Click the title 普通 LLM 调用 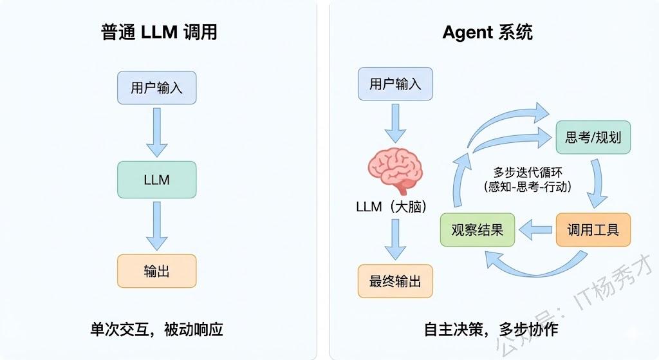tap(159, 33)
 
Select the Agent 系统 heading tap(487, 33)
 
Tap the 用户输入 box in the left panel tap(156, 88)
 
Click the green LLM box tap(156, 180)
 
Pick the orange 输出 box tap(156, 271)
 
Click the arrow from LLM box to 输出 tap(156, 225)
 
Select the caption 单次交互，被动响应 tap(156, 329)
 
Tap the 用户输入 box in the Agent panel tap(395, 84)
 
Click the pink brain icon tap(395, 168)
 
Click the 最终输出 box tap(395, 281)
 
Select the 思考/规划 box tap(593, 137)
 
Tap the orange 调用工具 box tap(593, 229)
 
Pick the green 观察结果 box tap(478, 229)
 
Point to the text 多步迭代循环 tap(527, 172)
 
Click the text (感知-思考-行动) tap(527, 186)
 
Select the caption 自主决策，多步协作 tap(491, 329)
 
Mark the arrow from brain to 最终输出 tap(395, 240)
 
